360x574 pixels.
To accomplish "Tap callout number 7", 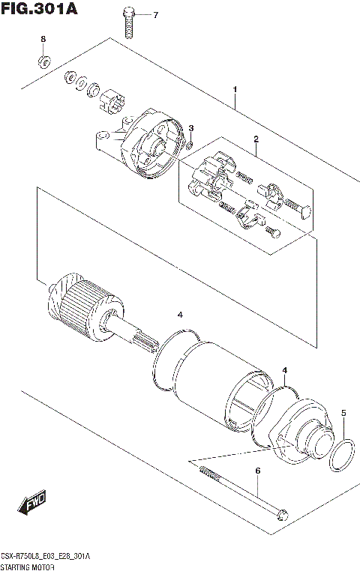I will coord(156,15).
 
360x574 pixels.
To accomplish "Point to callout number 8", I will coord(43,39).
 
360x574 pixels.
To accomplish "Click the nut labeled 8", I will coord(43,60).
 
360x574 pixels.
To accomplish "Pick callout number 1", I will coord(235,90).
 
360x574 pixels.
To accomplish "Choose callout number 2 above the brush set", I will coord(256,139).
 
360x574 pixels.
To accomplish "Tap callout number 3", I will coord(191,128).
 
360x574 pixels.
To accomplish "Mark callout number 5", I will coord(343,413).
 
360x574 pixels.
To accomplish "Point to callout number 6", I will coord(257,471).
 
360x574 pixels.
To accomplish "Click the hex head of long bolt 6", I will coord(281,515).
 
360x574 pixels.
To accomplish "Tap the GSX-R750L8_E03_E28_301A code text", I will coord(45,557).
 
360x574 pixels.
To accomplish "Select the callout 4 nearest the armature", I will coord(179,314).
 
